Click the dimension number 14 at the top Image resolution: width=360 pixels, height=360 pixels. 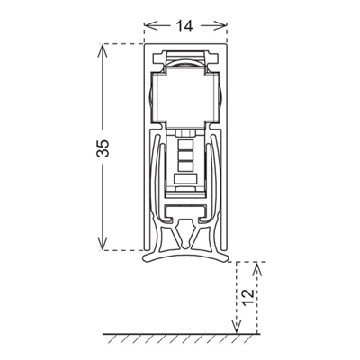click(183, 26)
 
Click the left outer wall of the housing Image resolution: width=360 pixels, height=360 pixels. click(146, 144)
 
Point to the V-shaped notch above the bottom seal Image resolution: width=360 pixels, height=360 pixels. click(184, 236)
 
